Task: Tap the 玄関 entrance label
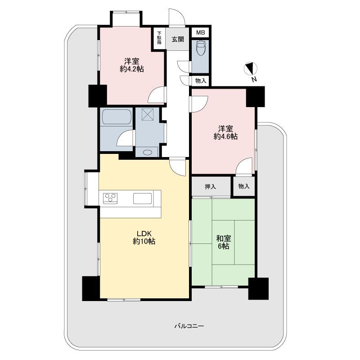point(177,39)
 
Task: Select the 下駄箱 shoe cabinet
point(159,39)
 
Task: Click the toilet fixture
point(200,48)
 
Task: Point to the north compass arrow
point(250,69)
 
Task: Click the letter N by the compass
point(254,80)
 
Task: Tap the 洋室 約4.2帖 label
point(132,65)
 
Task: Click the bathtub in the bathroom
point(116,118)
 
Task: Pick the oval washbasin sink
point(147,152)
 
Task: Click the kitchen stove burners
point(111,198)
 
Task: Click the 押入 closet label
point(211,186)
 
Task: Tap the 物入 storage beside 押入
point(243,186)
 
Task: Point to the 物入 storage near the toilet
point(201,81)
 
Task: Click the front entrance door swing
point(177,18)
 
